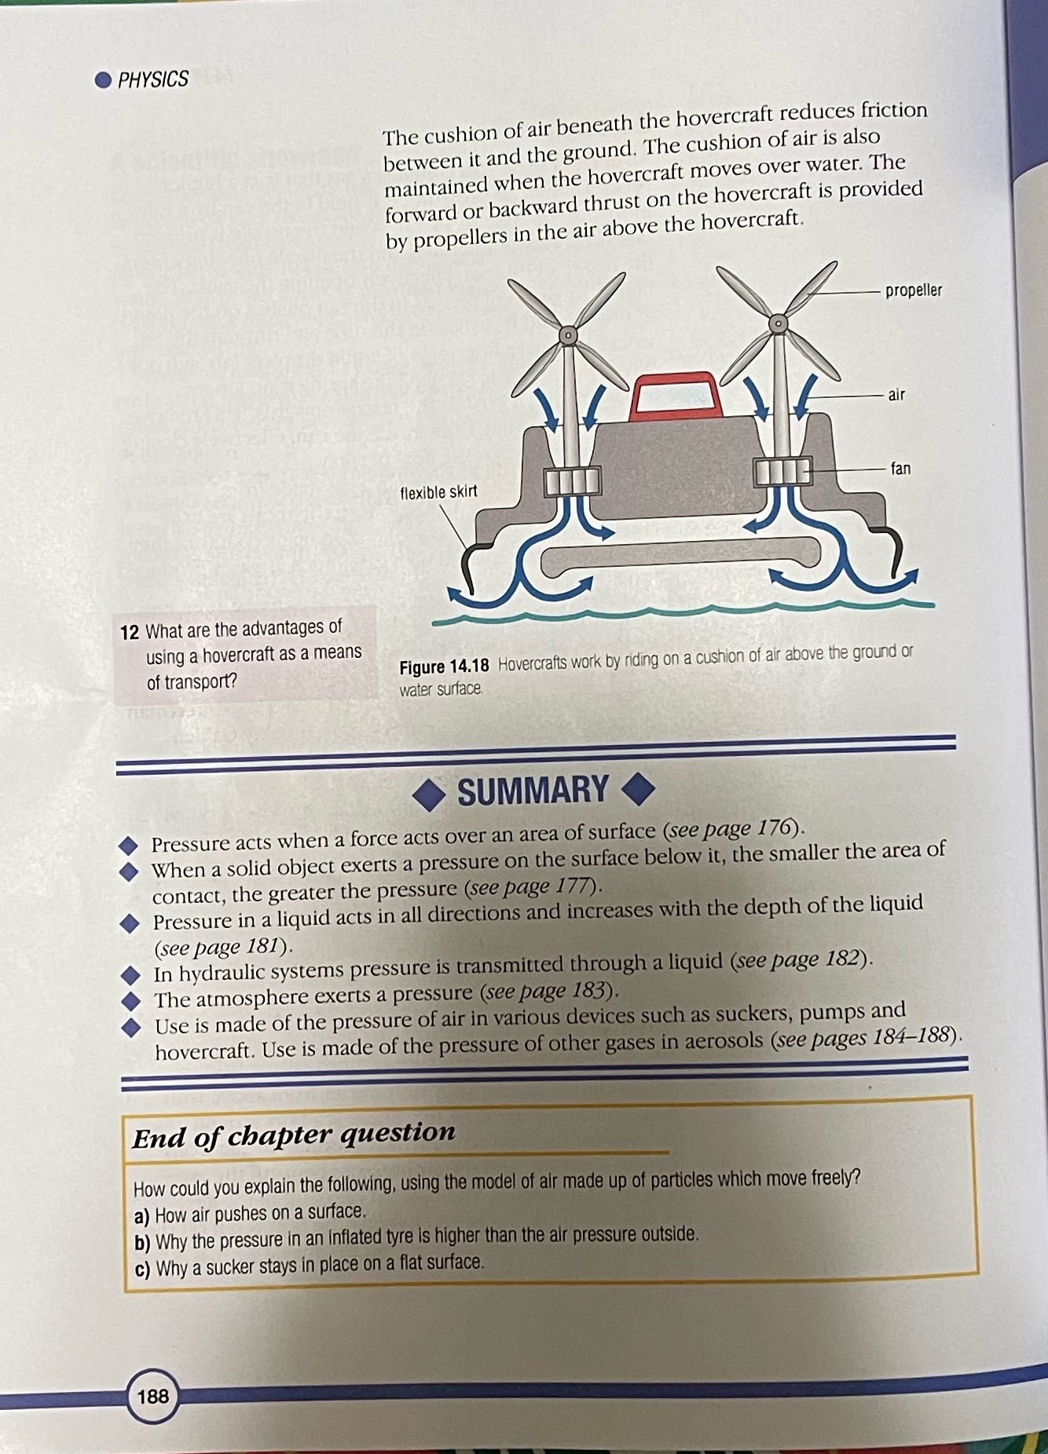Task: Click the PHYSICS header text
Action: (x=153, y=79)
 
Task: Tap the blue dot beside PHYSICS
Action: (x=103, y=79)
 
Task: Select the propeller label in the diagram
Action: (x=913, y=290)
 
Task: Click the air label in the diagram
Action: (x=896, y=395)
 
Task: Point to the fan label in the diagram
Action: (x=900, y=469)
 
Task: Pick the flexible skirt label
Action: (x=438, y=492)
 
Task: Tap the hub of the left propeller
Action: (x=567, y=336)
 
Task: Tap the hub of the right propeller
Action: (x=778, y=323)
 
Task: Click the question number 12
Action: (x=130, y=632)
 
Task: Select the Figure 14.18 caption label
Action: (x=444, y=667)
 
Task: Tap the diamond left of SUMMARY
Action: (x=430, y=795)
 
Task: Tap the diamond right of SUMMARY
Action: (x=638, y=789)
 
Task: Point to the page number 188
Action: (x=152, y=1395)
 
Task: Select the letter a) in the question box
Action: (x=141, y=1217)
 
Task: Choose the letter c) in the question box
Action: (x=142, y=1270)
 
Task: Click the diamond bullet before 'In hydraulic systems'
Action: (x=130, y=975)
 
